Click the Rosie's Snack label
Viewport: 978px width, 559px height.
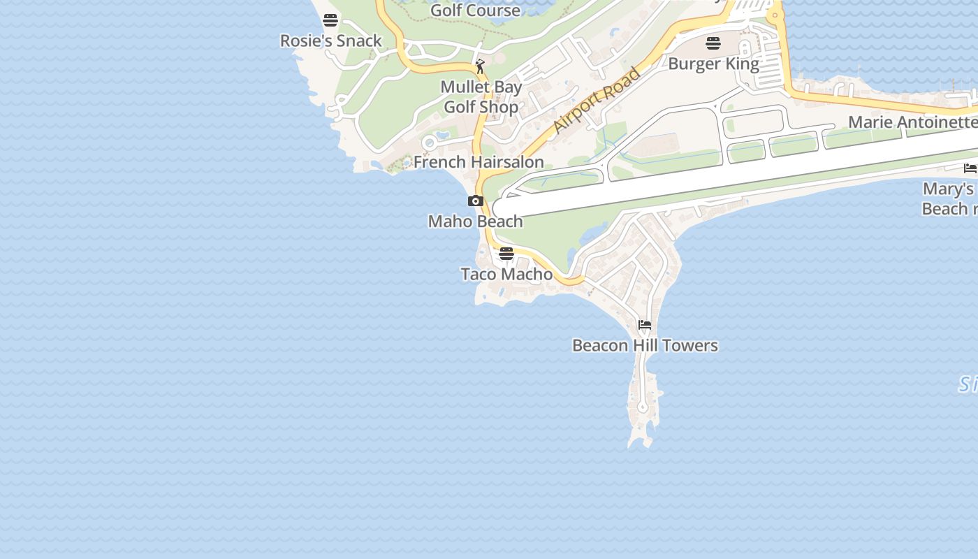pyautogui.click(x=331, y=41)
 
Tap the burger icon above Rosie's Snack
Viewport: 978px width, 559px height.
pyautogui.click(x=330, y=20)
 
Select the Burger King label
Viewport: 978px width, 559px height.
pyautogui.click(x=713, y=64)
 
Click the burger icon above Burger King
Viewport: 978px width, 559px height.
pyautogui.click(x=713, y=43)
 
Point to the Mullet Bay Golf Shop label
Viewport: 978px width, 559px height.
pyautogui.click(x=481, y=97)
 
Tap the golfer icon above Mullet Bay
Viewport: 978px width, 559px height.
pyautogui.click(x=480, y=67)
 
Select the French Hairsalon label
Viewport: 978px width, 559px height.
pyautogui.click(x=479, y=162)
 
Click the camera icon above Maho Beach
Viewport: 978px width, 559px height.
pyautogui.click(x=476, y=201)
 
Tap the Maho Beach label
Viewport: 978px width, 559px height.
pyautogui.click(x=475, y=222)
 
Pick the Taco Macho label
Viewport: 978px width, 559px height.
pyautogui.click(x=506, y=274)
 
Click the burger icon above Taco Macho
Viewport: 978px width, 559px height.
pyautogui.click(x=506, y=253)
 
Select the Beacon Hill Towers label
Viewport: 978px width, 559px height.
pyautogui.click(x=645, y=345)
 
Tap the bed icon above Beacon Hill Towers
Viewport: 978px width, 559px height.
pyautogui.click(x=645, y=325)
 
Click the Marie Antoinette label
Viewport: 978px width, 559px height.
pyautogui.click(x=912, y=122)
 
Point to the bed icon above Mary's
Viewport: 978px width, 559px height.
pyautogui.click(x=970, y=168)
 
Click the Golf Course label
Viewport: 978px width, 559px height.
pyautogui.click(x=475, y=10)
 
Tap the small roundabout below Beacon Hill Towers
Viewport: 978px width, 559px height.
pyautogui.click(x=643, y=407)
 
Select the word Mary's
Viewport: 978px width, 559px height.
pyautogui.click(x=948, y=189)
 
